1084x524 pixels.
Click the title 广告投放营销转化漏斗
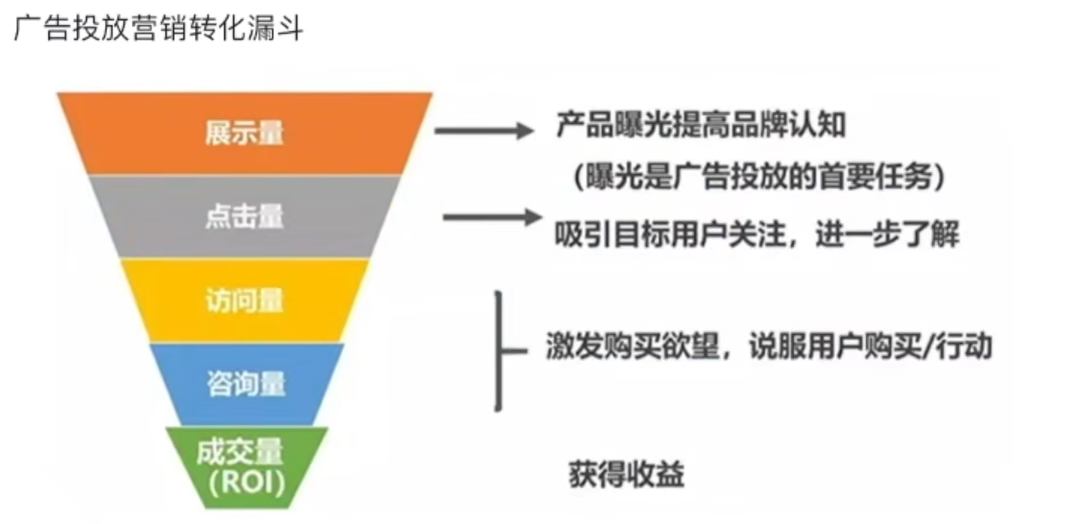pyautogui.click(x=159, y=29)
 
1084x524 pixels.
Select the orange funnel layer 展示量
pyautogui.click(x=244, y=133)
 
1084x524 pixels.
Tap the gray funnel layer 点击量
pyautogui.click(x=244, y=217)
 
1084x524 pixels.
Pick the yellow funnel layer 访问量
pyautogui.click(x=244, y=301)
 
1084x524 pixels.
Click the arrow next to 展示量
pyautogui.click(x=483, y=130)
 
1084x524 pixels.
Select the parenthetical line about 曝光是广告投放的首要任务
pyautogui.click(x=759, y=178)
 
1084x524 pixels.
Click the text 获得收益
pyautogui.click(x=627, y=476)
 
